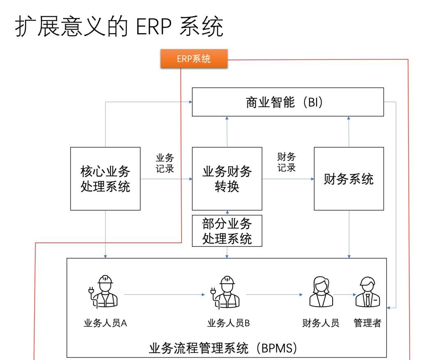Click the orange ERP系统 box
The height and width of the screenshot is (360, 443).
(194, 59)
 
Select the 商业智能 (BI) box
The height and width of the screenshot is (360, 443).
(288, 102)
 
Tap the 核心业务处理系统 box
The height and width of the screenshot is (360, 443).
(105, 179)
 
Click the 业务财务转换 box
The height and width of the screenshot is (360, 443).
(227, 179)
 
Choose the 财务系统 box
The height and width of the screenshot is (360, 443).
(349, 179)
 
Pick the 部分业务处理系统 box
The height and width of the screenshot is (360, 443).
(227, 231)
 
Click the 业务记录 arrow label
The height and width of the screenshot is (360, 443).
(165, 163)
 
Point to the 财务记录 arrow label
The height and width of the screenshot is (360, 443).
(287, 162)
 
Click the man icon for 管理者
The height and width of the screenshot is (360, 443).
(367, 292)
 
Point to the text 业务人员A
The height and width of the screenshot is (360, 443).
(105, 323)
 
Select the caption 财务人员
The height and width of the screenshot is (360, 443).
(320, 323)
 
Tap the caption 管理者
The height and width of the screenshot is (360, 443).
(368, 323)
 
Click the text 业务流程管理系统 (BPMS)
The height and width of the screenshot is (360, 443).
(227, 349)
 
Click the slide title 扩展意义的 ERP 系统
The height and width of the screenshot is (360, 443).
(119, 27)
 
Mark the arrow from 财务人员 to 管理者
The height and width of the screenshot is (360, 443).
(344, 294)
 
